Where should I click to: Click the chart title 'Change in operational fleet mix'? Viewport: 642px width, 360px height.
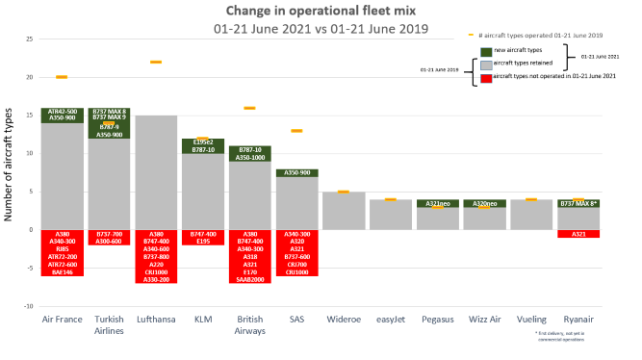click(x=321, y=11)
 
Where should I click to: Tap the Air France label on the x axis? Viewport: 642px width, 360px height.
click(x=62, y=319)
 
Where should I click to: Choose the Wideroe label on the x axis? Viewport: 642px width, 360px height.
click(x=343, y=319)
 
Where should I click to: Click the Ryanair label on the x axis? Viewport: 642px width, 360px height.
click(x=578, y=319)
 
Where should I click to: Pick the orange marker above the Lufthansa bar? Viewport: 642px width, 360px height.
click(x=155, y=62)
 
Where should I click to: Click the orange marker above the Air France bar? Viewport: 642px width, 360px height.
click(x=62, y=77)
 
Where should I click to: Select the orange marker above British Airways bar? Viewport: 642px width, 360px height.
click(x=249, y=108)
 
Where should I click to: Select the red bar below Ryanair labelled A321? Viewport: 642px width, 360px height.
click(x=578, y=234)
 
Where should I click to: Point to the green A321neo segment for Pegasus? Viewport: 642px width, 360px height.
click(x=437, y=203)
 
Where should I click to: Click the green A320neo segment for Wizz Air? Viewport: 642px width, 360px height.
click(x=484, y=203)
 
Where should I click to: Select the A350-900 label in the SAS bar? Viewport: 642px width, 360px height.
click(x=295, y=173)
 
